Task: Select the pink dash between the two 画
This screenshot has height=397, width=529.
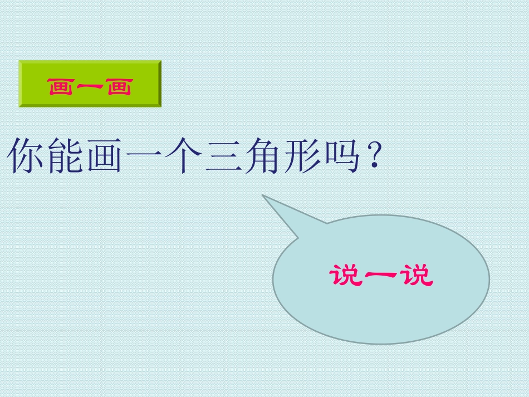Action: (90, 87)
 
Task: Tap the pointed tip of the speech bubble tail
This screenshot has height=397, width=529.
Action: (263, 195)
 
